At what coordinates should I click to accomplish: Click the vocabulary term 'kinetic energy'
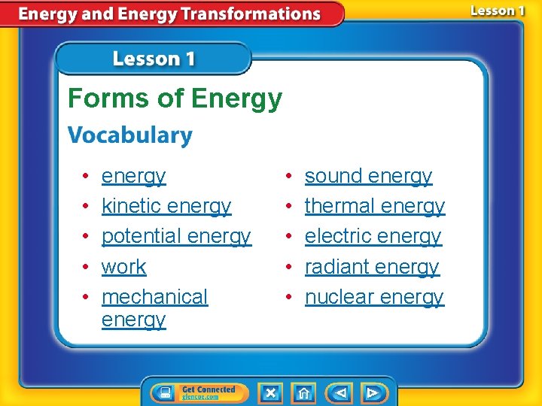tap(166, 206)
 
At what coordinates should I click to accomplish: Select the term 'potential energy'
tap(175, 236)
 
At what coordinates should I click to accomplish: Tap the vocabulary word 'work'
tap(123, 267)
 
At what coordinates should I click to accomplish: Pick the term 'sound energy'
tap(368, 176)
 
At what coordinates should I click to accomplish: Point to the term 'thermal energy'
tap(374, 206)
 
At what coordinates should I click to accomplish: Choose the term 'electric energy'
tap(373, 236)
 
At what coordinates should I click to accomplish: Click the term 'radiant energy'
tap(371, 267)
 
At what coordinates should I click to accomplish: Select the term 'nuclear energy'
tap(374, 297)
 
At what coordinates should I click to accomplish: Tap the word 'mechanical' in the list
tap(154, 297)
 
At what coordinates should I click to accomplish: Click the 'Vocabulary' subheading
tap(130, 136)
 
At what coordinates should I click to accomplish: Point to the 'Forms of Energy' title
tap(175, 98)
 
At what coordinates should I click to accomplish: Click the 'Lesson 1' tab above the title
tap(153, 59)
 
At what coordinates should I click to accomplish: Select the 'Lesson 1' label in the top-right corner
tap(498, 11)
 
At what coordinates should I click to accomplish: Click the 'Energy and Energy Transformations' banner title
tap(170, 14)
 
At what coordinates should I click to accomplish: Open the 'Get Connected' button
tap(194, 392)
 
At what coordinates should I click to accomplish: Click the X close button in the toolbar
tap(270, 392)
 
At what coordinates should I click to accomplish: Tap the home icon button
tap(303, 392)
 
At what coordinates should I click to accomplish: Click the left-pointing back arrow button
tap(340, 392)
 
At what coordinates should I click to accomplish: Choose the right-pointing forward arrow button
tap(373, 392)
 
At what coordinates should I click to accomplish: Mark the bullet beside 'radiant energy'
tap(289, 267)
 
